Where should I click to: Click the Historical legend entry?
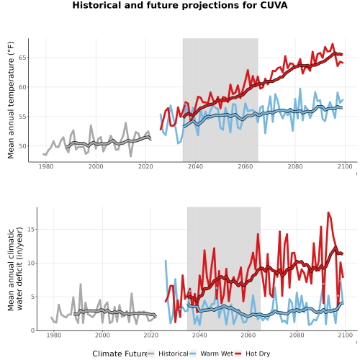pyautogui.click(x=168, y=354)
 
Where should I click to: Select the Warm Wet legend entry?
pyautogui.click(x=211, y=354)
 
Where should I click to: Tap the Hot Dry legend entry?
pyautogui.click(x=252, y=354)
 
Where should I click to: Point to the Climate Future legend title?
pyautogui.click(x=120, y=354)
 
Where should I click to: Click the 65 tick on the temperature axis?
pyautogui.click(x=22, y=58)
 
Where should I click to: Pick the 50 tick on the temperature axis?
pyautogui.click(x=22, y=146)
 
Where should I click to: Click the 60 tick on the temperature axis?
pyautogui.click(x=22, y=87)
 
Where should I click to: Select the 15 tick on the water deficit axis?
pyautogui.click(x=31, y=230)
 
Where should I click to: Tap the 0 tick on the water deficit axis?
pyautogui.click(x=33, y=330)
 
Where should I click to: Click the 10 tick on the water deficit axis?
pyautogui.click(x=31, y=263)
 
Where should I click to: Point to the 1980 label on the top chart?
pyautogui.click(x=46, y=166)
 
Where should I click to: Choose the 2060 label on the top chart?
pyautogui.click(x=245, y=166)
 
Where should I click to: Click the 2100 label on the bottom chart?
pyautogui.click(x=345, y=335)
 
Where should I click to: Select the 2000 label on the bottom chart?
pyautogui.click(x=102, y=335)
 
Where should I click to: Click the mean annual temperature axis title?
pyautogui.click(x=11, y=100)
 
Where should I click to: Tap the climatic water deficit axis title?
pyautogui.click(x=15, y=269)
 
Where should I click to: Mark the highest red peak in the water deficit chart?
pyautogui.click(x=328, y=212)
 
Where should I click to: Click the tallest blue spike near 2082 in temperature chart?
pyautogui.click(x=300, y=89)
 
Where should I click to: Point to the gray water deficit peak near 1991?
pyautogui.click(x=81, y=284)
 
